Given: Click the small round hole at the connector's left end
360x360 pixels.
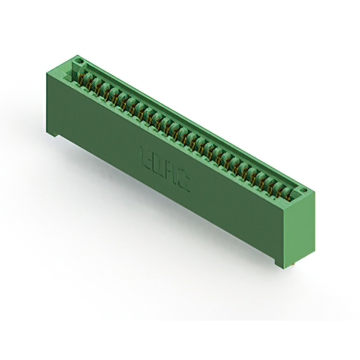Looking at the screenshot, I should (80, 61).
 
